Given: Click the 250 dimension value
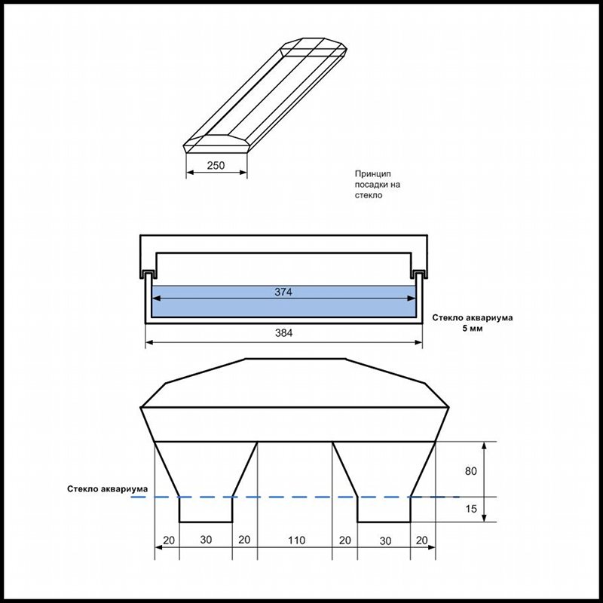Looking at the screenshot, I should coord(216,166).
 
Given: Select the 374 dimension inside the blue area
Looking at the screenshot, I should coord(283,292).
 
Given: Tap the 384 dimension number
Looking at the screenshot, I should coord(283,332).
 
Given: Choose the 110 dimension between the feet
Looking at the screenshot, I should coord(295,540).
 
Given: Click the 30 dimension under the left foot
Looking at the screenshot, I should coord(205,540).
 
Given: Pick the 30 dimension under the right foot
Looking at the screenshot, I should coord(384,540).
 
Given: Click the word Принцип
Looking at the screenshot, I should coord(372,173).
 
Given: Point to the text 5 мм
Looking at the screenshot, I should coord(473,329).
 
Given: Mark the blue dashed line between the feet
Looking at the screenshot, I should coord(295,497).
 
